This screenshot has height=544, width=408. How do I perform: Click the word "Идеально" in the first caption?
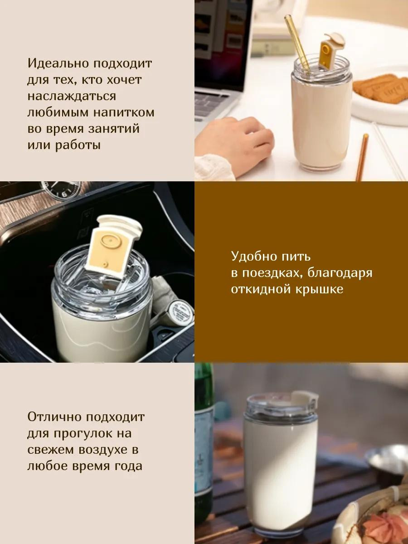pyautogui.click(x=58, y=63)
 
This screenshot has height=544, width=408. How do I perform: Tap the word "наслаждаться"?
pyautogui.click(x=72, y=96)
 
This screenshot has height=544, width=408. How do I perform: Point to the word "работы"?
pyautogui.click(x=78, y=145)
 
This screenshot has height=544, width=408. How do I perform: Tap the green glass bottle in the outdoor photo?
pyautogui.click(x=204, y=429)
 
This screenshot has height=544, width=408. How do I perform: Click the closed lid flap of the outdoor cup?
pyautogui.click(x=304, y=396)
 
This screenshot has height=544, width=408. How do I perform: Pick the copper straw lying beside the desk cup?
pyautogui.click(x=362, y=157)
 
